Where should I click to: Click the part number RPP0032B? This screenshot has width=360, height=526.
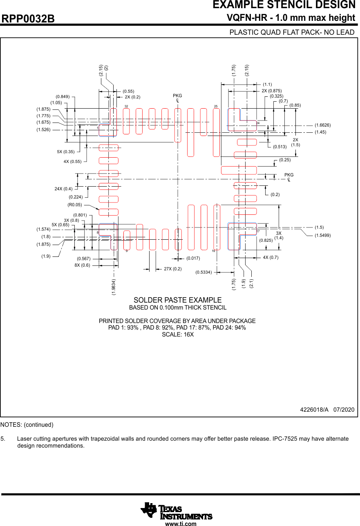point(28,19)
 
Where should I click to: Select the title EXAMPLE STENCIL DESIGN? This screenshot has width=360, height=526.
point(284,5)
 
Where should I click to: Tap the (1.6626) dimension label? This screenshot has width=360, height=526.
point(322,125)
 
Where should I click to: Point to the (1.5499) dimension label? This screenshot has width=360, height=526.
point(322,236)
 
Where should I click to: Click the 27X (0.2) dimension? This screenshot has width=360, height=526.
point(172,269)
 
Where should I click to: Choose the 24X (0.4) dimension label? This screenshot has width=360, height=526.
point(63,189)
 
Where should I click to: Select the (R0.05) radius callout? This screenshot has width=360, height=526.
point(75,205)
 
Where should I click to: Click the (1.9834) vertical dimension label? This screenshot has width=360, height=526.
point(114,287)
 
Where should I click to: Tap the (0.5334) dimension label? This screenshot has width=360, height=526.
point(203,272)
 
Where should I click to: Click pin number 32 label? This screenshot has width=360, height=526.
point(126,106)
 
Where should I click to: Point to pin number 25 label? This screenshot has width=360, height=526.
point(216,106)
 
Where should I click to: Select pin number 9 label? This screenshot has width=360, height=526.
point(127,251)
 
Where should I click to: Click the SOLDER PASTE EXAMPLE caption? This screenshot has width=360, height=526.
point(177,300)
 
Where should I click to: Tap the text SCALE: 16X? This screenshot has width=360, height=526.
point(177,335)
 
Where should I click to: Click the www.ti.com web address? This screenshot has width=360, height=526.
point(181,524)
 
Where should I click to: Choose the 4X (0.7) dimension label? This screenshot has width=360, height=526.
point(271,258)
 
